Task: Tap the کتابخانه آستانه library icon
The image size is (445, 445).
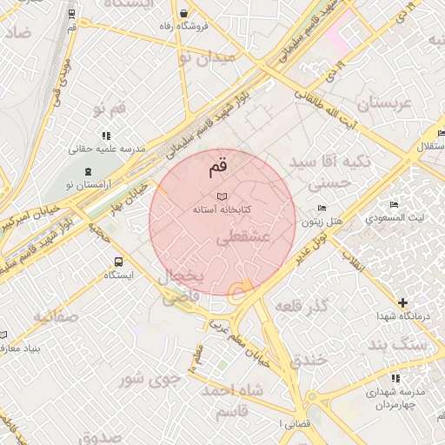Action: (221, 196)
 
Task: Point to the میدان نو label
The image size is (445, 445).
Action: (207, 58)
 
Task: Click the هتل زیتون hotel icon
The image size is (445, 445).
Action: (322, 208)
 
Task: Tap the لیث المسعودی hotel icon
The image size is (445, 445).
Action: (394, 204)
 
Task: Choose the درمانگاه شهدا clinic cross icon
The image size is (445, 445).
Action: (402, 302)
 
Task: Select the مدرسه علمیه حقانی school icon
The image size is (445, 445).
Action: (106, 136)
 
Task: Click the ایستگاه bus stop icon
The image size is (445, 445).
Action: (117, 261)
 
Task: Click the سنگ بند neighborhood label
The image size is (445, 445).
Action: (400, 345)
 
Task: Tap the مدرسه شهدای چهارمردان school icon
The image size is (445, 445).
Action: (395, 378)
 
